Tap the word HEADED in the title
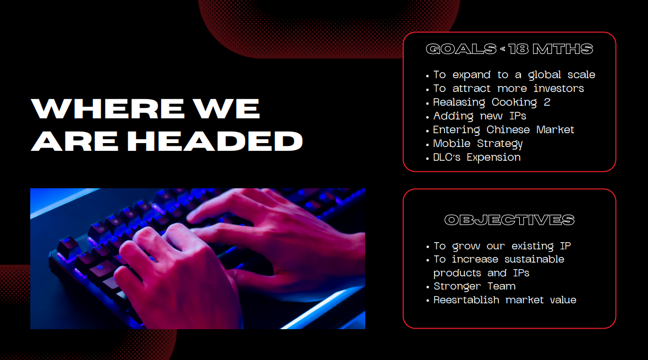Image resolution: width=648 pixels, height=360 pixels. point(215,140)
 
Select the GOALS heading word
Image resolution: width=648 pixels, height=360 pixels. point(461,49)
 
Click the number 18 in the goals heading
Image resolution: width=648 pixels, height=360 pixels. point(518,49)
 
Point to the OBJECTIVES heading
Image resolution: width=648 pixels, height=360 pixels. point(509,220)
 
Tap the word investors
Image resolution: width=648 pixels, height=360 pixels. point(558,89)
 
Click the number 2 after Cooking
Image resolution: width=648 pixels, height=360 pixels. point(547,102)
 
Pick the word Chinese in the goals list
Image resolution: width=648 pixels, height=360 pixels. point(509,130)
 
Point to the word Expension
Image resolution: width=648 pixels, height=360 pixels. point(493,158)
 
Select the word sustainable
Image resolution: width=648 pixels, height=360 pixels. point(534,259)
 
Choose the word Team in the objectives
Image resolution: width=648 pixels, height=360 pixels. point(501,286)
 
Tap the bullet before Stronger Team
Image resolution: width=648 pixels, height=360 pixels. point(428,287)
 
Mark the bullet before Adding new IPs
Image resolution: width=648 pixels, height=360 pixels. point(428,117)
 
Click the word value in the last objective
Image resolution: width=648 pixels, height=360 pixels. point(563,300)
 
